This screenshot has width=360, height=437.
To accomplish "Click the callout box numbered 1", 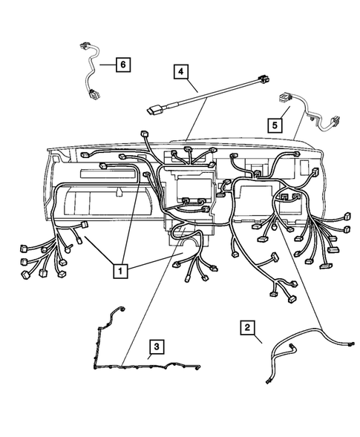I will pos(120,271).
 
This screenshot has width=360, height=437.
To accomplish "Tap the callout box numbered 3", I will pos(157,346).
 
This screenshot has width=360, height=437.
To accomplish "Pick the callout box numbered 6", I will pos(123,65).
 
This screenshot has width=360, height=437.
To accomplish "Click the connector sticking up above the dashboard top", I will pos(143,135).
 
